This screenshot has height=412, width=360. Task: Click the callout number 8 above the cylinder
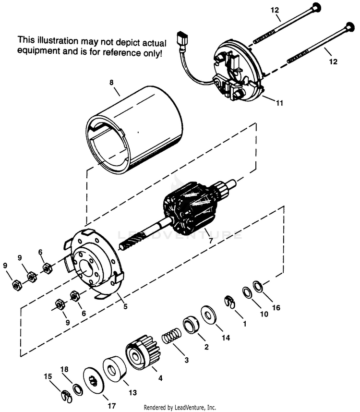tap(111, 83)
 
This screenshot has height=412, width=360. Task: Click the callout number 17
tap(111, 406)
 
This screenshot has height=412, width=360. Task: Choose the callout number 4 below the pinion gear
tap(160, 377)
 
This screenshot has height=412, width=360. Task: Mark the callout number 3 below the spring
tap(186, 360)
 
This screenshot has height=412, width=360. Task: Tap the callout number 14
tap(226, 338)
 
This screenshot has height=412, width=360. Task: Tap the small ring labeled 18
tap(77, 388)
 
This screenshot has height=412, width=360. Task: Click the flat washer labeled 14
tap(209, 315)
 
